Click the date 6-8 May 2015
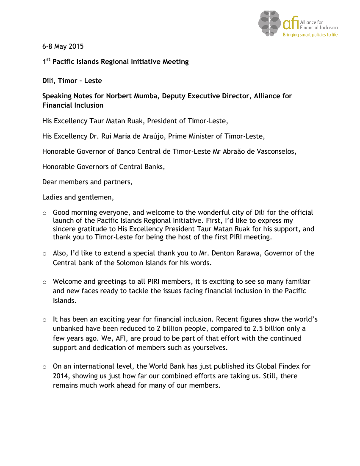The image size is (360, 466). coord(63,46)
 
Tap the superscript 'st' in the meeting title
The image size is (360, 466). coord(47,60)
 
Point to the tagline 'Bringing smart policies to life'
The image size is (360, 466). coord(310,35)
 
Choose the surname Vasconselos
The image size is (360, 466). coord(274,152)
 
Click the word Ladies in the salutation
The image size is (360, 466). coord(53,197)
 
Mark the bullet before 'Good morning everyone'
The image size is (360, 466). coord(44,213)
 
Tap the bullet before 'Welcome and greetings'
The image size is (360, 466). coord(44,282)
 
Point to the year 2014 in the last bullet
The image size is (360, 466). coord(61,376)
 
